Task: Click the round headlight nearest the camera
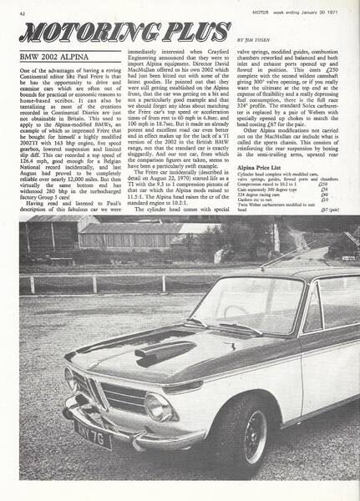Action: pyautogui.click(x=158, y=406)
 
